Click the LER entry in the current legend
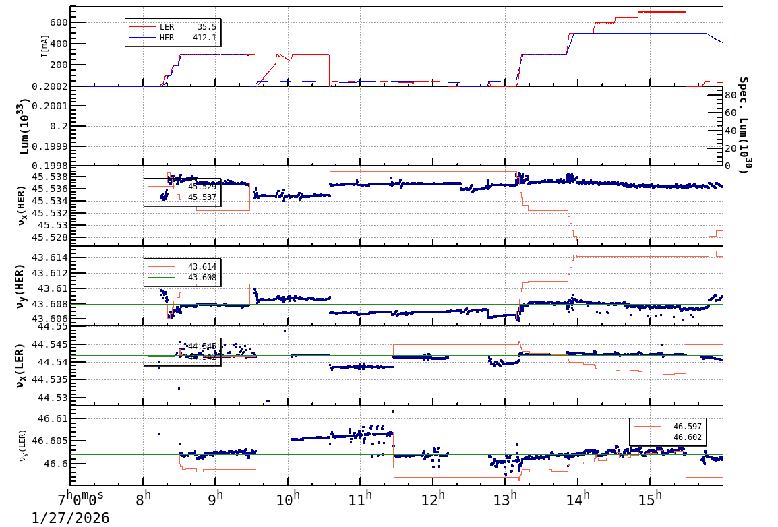click(x=167, y=27)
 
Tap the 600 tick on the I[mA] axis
click(x=58, y=22)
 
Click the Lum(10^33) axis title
click(x=24, y=126)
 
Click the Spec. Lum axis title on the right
click(x=744, y=125)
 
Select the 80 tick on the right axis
click(x=731, y=96)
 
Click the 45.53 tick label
click(x=52, y=225)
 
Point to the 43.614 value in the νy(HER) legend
click(x=202, y=267)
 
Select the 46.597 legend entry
click(x=687, y=427)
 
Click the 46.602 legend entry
click(x=687, y=437)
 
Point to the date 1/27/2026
click(x=70, y=518)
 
